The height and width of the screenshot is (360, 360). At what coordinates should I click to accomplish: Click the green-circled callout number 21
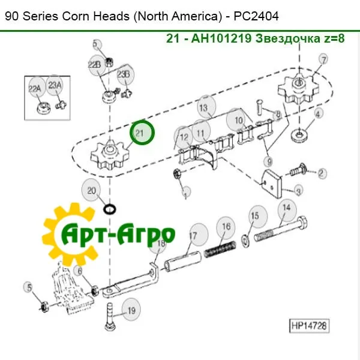[x=142, y=133]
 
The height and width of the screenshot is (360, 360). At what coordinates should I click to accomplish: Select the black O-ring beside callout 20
[x=110, y=209]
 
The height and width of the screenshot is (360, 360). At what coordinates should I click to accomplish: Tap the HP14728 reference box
[x=309, y=326]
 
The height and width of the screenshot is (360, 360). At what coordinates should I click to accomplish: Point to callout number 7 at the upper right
[x=323, y=60]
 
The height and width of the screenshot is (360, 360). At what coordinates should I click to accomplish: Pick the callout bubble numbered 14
[x=287, y=208]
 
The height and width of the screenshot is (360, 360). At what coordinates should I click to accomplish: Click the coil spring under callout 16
[x=220, y=249]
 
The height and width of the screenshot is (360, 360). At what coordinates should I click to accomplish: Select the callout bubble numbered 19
[x=131, y=311]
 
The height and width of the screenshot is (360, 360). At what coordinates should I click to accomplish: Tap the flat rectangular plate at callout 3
[x=272, y=182]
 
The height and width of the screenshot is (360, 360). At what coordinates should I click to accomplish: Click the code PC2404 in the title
[x=256, y=16]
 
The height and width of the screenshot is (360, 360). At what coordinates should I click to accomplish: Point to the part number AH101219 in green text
[x=221, y=38]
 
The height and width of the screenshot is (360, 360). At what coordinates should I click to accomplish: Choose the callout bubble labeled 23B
[x=125, y=74]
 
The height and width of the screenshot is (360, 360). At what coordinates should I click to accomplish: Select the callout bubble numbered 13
[x=206, y=107]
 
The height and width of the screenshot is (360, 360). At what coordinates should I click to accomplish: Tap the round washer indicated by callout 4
[x=299, y=136]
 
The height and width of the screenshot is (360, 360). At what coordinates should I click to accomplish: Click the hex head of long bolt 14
[x=302, y=223]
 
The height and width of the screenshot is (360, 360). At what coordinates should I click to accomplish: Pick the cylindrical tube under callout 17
[x=182, y=262]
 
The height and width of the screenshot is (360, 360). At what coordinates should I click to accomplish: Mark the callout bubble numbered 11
[x=201, y=132]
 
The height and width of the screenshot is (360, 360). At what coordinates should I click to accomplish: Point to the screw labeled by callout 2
[x=298, y=170]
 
